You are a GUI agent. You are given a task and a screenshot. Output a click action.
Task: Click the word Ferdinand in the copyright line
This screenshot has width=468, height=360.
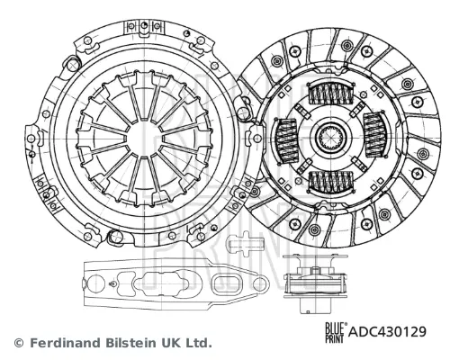pos(64,343)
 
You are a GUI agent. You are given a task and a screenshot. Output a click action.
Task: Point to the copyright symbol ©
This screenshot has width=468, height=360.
pos(19,343)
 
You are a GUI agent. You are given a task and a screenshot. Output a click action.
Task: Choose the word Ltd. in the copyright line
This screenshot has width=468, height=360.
pos(199,343)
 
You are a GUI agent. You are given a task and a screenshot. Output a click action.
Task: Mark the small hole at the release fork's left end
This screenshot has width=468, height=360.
pos(93,278)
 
